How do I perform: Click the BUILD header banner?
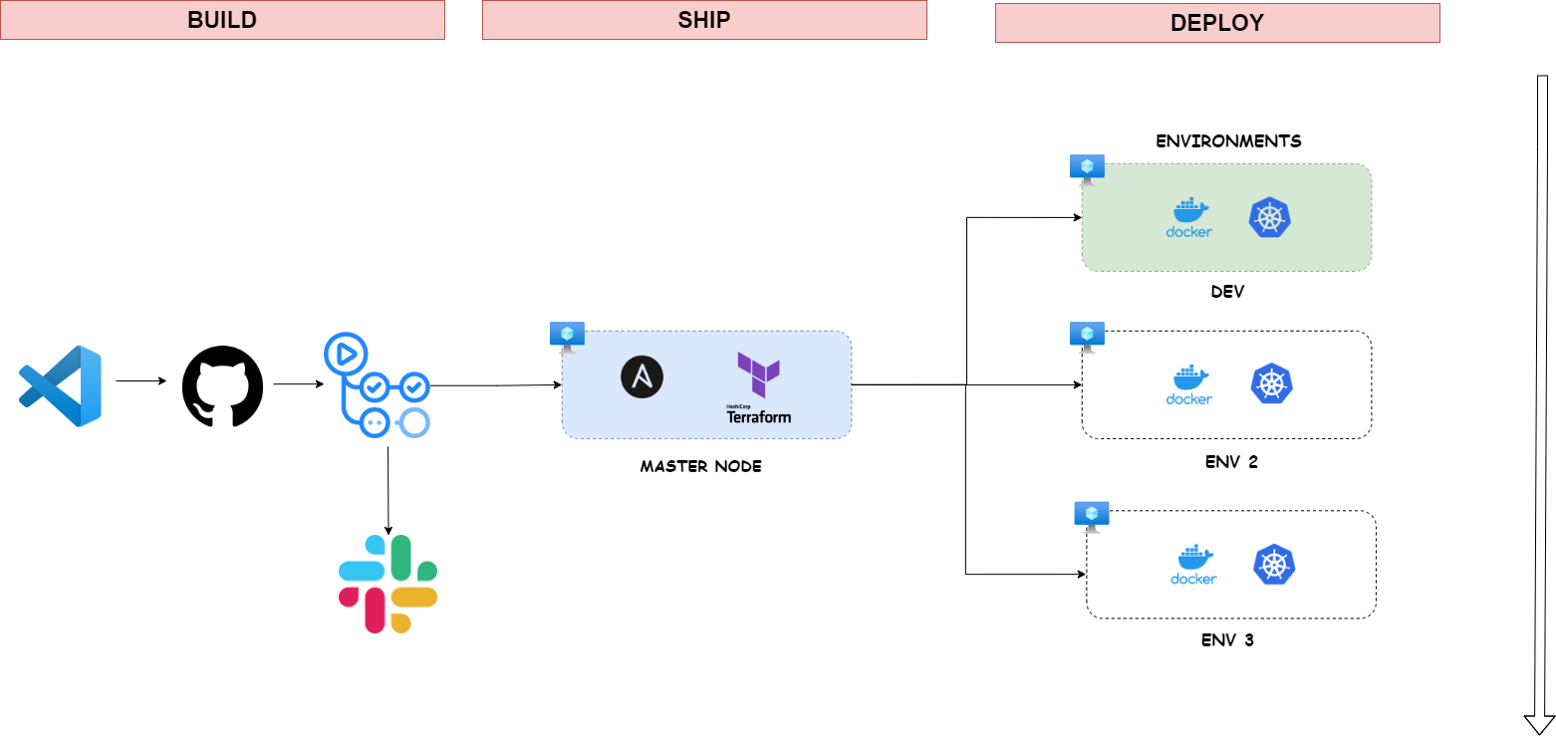coord(222,20)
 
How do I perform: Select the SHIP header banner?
coord(704,20)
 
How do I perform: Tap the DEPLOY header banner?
coord(1216,23)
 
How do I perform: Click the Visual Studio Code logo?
coord(61,385)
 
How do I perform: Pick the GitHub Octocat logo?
coord(222,385)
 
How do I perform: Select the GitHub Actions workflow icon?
coord(377,385)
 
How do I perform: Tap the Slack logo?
coord(388,584)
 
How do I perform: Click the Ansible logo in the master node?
coord(642,377)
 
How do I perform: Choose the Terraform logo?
coord(759,387)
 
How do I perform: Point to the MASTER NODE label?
coord(700,466)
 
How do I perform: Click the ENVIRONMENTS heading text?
coord(1227,141)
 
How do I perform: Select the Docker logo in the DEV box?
coord(1189,217)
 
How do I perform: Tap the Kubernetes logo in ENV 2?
coord(1270,384)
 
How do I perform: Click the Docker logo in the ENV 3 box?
coord(1193,565)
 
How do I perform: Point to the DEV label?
coord(1227,292)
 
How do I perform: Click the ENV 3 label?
coord(1227,639)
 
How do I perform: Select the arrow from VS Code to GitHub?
coord(140,380)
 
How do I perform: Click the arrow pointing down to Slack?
coord(388,488)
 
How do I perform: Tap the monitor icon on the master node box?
coord(567,335)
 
